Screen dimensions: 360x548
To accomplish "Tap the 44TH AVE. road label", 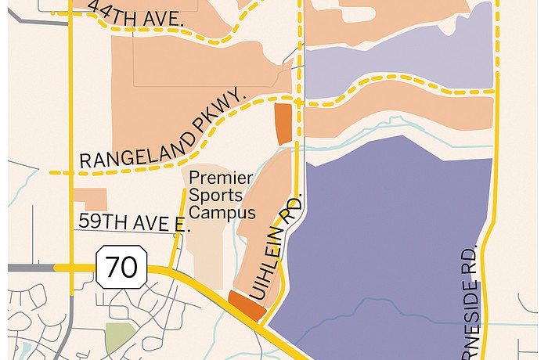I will (x=136, y=15).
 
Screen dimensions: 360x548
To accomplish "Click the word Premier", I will (x=222, y=178).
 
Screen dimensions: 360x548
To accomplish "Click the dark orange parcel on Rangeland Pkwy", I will (x=283, y=124).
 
